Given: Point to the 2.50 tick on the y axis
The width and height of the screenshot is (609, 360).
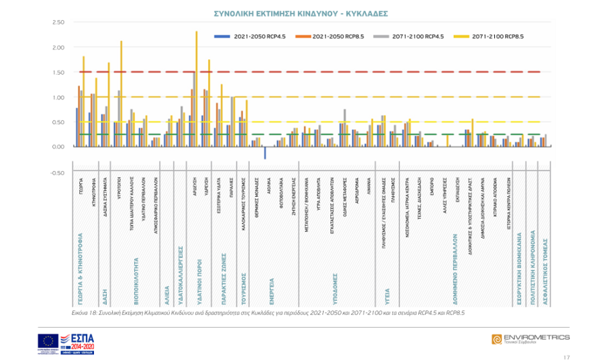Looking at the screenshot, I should click(x=58, y=23).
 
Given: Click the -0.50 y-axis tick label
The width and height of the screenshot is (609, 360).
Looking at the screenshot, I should click(x=57, y=172).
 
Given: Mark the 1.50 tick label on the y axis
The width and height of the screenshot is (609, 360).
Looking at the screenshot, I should click(x=58, y=73).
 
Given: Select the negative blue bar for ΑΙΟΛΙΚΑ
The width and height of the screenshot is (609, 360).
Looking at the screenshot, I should click(x=265, y=153).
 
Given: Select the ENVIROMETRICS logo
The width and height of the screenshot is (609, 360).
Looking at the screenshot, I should click(x=530, y=339).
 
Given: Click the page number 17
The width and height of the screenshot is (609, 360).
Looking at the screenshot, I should click(x=567, y=357).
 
